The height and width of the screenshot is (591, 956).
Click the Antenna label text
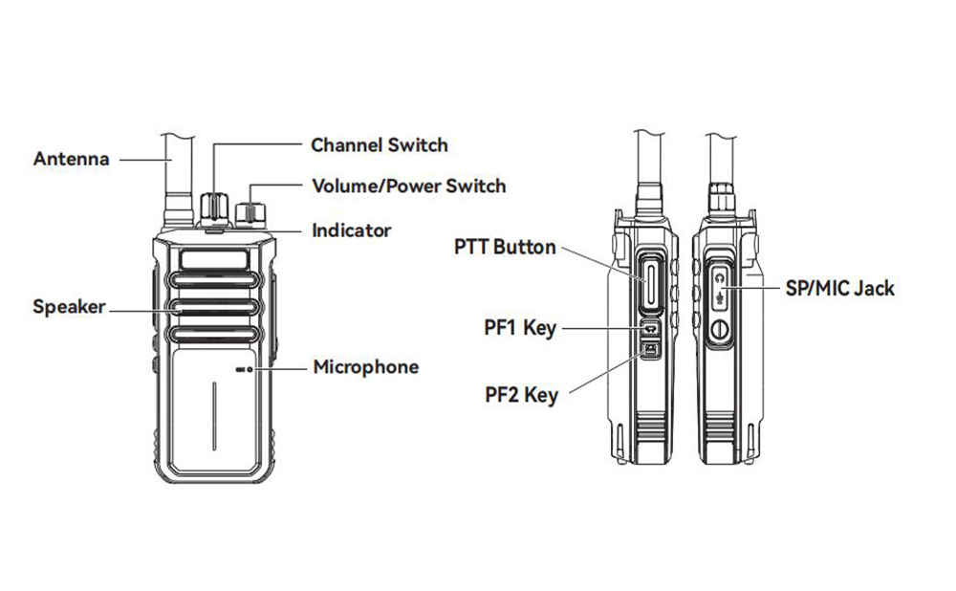click(x=72, y=159)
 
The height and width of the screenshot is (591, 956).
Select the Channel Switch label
click(x=379, y=145)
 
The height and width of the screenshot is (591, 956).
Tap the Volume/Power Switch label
click(x=409, y=186)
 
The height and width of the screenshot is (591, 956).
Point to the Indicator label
click(x=352, y=230)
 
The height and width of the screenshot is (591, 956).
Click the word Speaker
click(x=70, y=307)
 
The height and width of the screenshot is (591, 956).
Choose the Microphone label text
click(x=366, y=366)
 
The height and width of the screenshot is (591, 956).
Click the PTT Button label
click(x=505, y=247)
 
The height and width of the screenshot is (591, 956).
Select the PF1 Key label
click(x=520, y=328)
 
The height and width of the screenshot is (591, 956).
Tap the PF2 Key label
click(x=521, y=393)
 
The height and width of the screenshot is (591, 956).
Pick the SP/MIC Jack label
click(x=838, y=287)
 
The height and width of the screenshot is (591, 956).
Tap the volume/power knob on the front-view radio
click(x=251, y=210)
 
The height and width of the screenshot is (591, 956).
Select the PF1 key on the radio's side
click(x=649, y=328)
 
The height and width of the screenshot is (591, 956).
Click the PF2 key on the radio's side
click(x=649, y=351)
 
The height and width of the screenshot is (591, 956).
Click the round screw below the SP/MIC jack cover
click(x=721, y=332)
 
